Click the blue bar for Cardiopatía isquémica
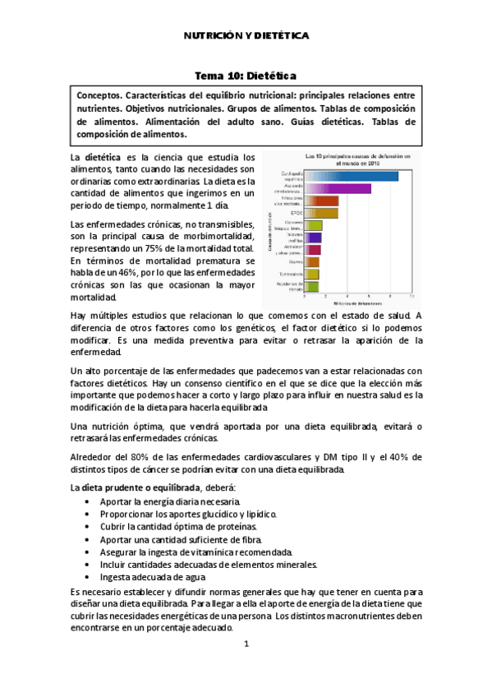pyautogui.click(x=352, y=175)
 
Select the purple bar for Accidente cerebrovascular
pyautogui.click(x=338, y=188)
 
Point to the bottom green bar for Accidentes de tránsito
pyautogui.click(x=311, y=286)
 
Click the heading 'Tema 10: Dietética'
pyautogui.click(x=245, y=76)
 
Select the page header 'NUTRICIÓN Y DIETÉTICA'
pyautogui.click(x=245, y=36)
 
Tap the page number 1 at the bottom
pyautogui.click(x=246, y=644)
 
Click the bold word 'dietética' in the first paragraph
pyautogui.click(x=103, y=157)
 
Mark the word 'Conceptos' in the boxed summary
pyautogui.click(x=101, y=95)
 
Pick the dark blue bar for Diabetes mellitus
pyautogui.click(x=313, y=237)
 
